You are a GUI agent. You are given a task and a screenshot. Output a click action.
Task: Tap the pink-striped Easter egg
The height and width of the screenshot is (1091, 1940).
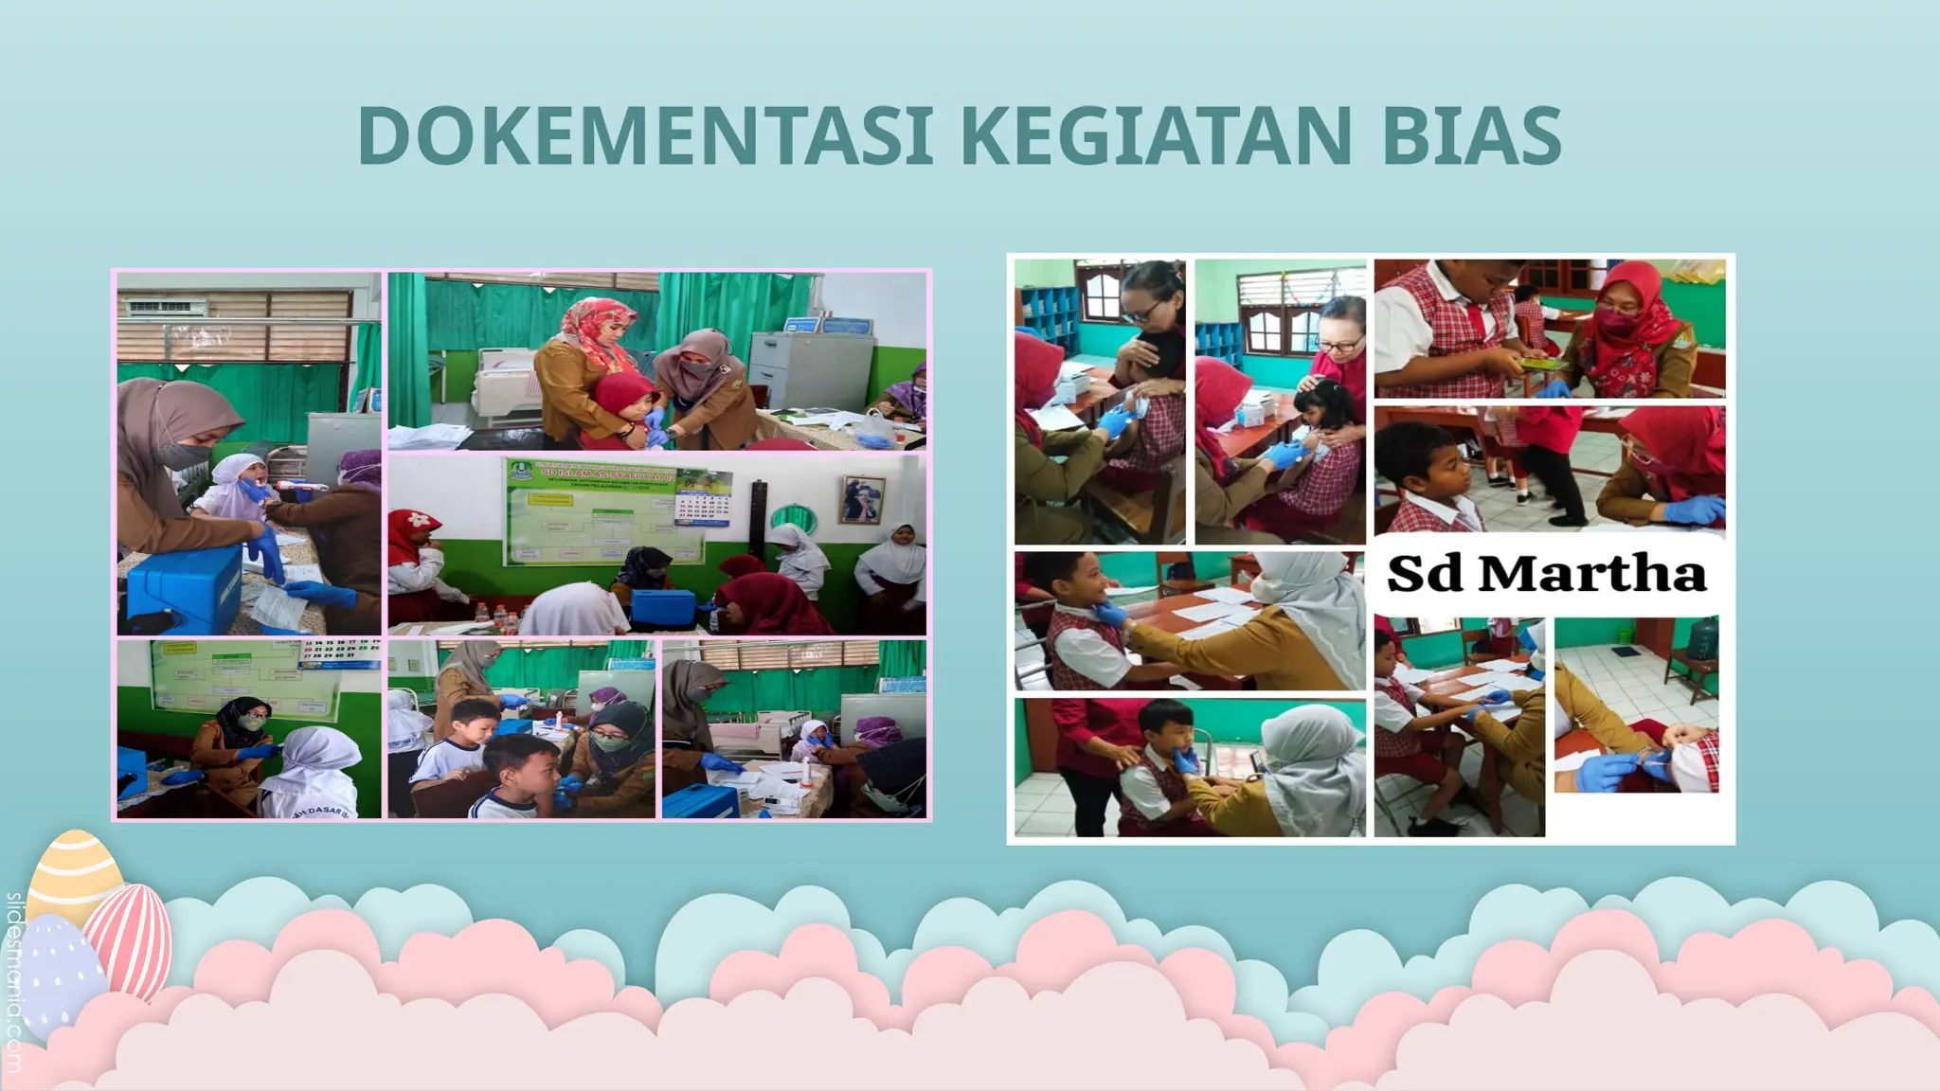[131, 938]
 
